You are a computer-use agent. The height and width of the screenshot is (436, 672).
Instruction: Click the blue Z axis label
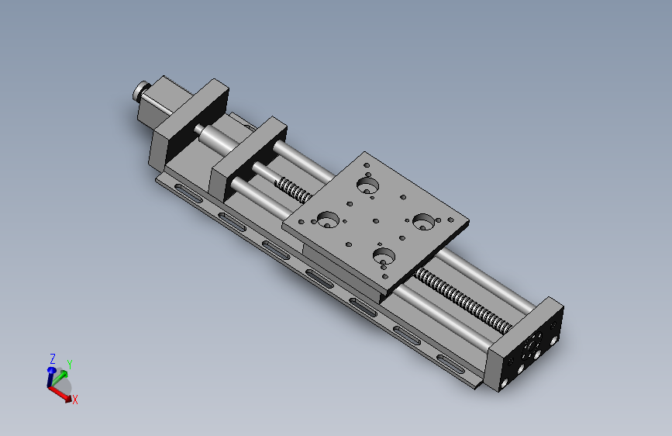click(52, 359)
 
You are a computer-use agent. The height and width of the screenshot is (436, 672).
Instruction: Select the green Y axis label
click(69, 364)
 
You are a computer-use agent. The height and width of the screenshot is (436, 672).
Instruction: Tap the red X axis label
click(74, 400)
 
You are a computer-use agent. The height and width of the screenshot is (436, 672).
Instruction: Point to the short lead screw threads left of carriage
click(291, 189)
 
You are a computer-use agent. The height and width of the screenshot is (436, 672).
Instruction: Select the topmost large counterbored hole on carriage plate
click(367, 185)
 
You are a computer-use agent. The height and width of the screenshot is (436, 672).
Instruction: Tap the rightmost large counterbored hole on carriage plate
click(423, 222)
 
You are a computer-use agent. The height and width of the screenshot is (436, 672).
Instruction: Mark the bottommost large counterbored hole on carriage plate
click(382, 255)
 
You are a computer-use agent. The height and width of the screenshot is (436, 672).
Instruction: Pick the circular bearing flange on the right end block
click(536, 355)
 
